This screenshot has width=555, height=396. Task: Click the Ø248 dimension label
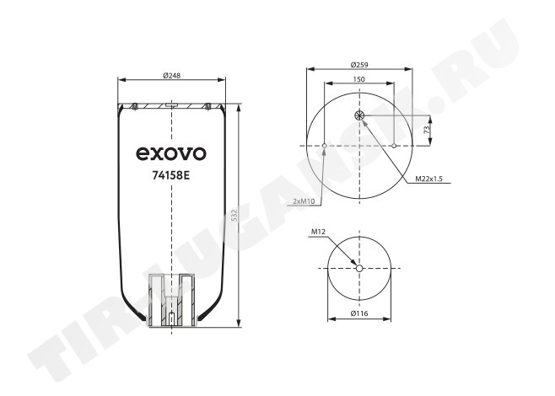click(x=172, y=75)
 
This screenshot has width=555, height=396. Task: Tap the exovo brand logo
click(x=172, y=154)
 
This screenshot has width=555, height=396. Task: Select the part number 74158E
click(x=172, y=176)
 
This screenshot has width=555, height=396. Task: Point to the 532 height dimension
click(x=234, y=216)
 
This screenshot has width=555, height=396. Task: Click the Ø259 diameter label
click(x=359, y=65)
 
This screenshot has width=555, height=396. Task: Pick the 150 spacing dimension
click(x=359, y=79)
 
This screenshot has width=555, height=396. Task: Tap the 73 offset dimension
click(x=428, y=129)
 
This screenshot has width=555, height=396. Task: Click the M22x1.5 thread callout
click(x=429, y=179)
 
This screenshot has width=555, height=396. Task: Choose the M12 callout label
click(x=318, y=232)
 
